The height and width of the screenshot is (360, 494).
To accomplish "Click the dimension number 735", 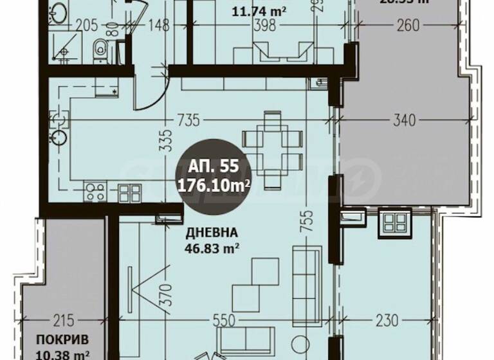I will coord(188,119).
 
